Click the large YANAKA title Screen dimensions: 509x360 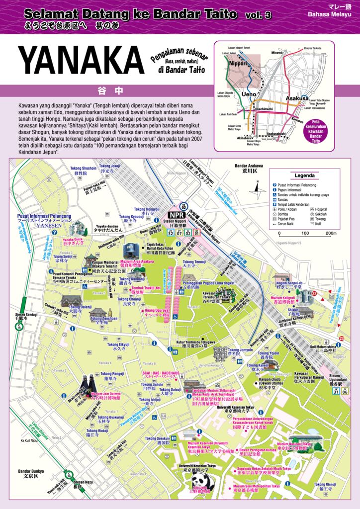pos(81,62)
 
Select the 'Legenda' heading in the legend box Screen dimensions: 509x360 pos(304,175)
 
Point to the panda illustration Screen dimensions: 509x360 pos(202,483)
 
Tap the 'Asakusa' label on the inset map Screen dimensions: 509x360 pos(297,98)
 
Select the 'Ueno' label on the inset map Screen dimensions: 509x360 pos(249,94)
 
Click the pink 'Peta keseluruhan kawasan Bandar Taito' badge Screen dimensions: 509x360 pos(327,133)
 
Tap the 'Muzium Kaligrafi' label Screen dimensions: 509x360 pos(283,297)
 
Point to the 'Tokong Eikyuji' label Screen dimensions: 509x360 pos(117,344)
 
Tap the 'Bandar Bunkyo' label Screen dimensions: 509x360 pos(31,471)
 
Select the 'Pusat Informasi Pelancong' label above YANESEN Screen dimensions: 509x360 pos(44,216)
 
